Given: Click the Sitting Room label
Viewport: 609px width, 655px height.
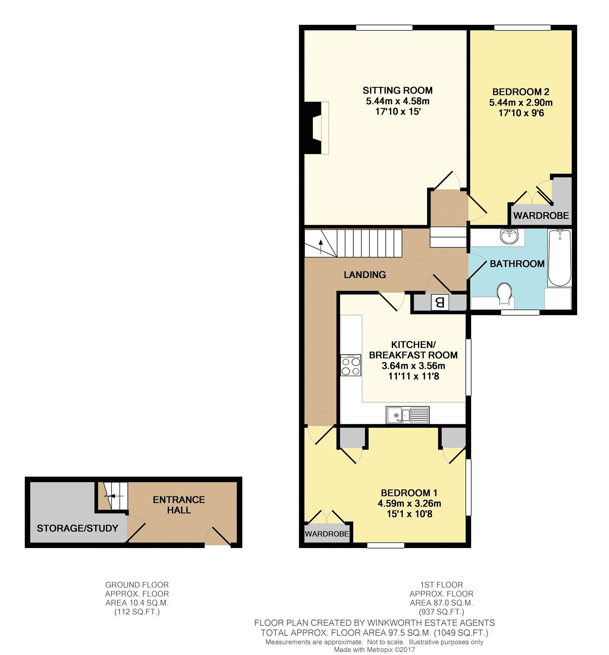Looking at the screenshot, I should pos(397,90).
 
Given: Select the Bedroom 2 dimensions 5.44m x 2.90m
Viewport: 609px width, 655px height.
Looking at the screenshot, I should pos(520,103).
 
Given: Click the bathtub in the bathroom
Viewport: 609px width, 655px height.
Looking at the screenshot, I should pos(559,258).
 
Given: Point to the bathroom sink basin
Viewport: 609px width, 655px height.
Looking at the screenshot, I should pos(509,237).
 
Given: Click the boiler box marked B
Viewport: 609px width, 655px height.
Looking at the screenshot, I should pos(440,302).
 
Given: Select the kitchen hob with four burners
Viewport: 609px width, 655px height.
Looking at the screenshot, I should pos(351,365).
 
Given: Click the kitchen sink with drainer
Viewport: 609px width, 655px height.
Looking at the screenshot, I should pos(407,415).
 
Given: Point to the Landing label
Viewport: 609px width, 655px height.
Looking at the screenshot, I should pos(365,275).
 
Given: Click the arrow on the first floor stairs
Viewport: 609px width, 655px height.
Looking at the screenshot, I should pos(322,246).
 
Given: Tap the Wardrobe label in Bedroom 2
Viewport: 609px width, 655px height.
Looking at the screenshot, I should pos(541,215).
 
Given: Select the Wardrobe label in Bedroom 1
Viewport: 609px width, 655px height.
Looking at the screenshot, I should pos(327,534).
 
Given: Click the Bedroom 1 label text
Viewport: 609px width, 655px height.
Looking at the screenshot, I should pos(409,493).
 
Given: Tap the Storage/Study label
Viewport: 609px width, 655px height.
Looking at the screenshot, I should pos(77,528).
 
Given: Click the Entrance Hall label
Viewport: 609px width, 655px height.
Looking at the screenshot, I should pos(178,505).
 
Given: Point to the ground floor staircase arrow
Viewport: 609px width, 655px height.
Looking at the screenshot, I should pos(109,496).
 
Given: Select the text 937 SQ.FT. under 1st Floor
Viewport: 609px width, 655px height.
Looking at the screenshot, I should pos(441,612).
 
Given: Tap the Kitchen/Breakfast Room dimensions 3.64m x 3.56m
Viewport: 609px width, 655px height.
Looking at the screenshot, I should pos(413,366).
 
